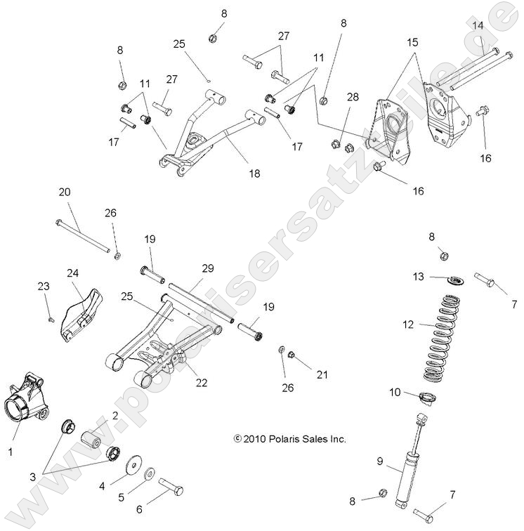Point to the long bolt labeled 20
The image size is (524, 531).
82,235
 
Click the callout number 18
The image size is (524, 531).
254,173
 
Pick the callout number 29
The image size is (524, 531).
207,269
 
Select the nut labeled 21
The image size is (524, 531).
295,355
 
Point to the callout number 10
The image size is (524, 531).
395,391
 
